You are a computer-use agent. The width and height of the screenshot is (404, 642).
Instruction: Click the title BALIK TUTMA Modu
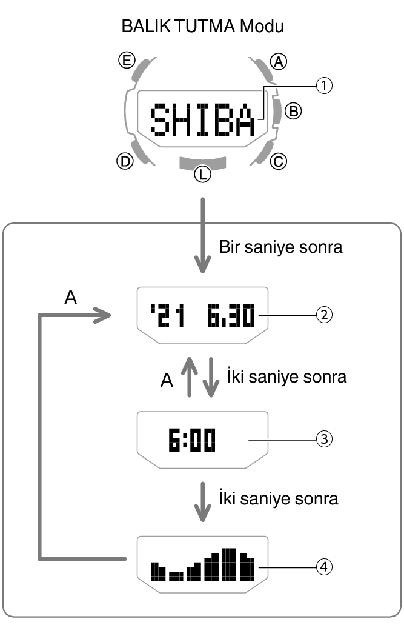(202, 27)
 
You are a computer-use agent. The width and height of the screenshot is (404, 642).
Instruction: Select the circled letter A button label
(279, 61)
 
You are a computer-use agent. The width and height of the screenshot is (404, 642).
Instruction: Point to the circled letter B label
(293, 110)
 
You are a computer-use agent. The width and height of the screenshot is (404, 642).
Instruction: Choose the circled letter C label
(278, 161)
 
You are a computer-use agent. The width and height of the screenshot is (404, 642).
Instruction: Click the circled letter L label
(202, 175)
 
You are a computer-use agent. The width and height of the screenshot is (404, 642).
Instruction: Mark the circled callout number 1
(325, 86)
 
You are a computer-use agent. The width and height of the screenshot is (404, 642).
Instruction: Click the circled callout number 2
(325, 315)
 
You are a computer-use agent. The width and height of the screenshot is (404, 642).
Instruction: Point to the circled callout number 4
(325, 567)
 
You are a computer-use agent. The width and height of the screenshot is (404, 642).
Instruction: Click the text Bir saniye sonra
(280, 248)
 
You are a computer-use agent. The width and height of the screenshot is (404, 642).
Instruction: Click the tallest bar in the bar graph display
(228, 564)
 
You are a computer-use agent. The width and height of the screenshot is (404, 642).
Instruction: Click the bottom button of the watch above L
(203, 161)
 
